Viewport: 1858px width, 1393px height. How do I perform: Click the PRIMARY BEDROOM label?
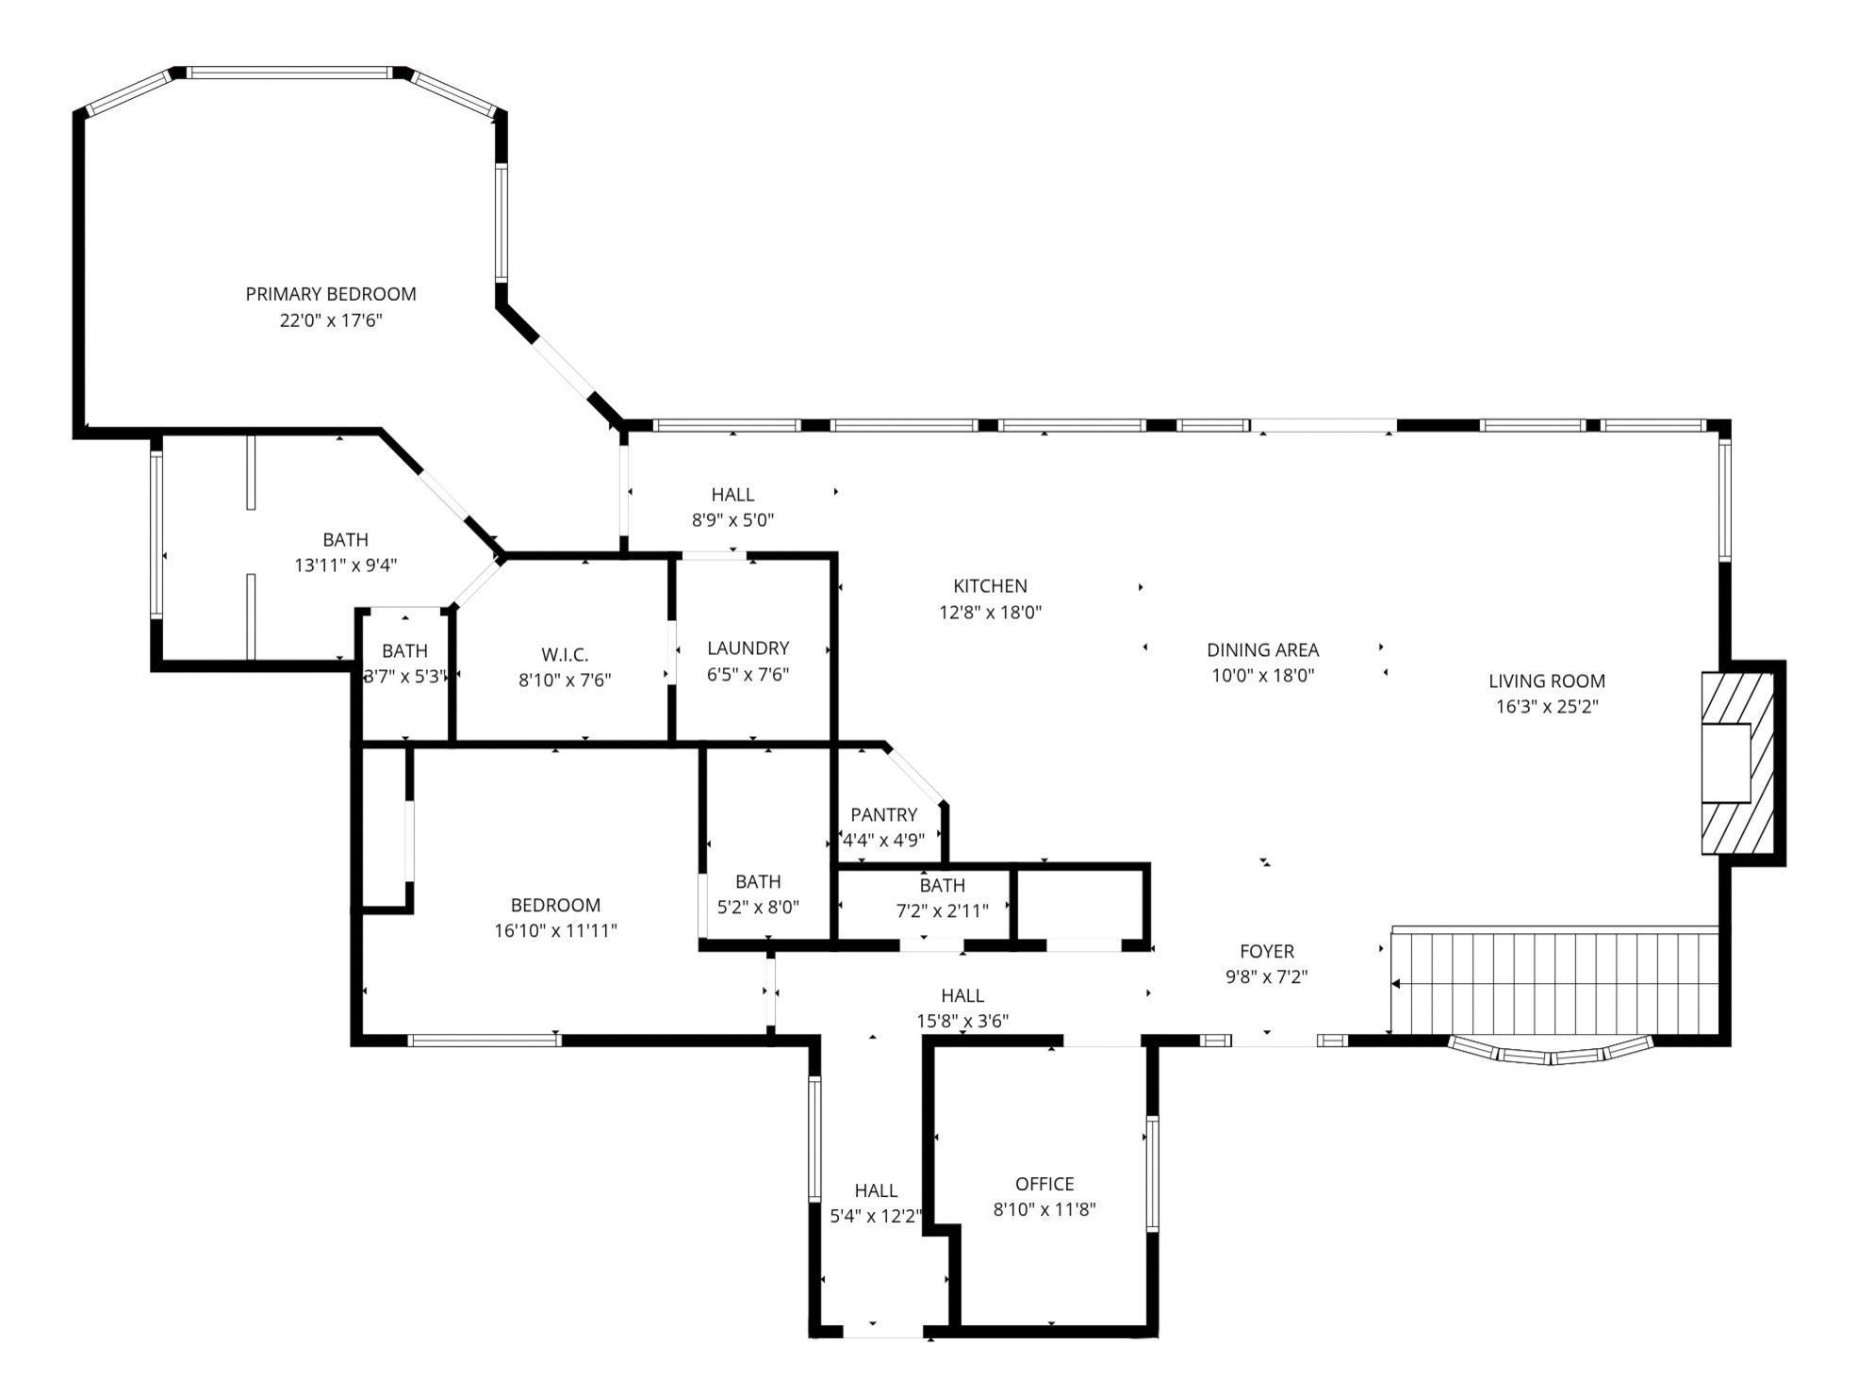[x=330, y=294]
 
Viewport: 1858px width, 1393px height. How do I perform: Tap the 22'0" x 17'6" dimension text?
[x=330, y=320]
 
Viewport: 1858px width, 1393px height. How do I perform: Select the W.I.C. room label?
[x=565, y=654]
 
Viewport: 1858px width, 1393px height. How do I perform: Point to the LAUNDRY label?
[x=748, y=648]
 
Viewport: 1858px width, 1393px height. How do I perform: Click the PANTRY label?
[x=883, y=814]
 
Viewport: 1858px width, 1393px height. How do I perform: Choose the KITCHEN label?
[x=990, y=586]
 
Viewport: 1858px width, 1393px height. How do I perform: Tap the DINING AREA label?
[x=1262, y=650]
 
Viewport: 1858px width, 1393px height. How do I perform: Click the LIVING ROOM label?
[x=1546, y=680]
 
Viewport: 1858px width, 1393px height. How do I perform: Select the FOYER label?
[x=1266, y=952]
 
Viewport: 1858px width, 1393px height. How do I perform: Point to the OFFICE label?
[x=1044, y=1184]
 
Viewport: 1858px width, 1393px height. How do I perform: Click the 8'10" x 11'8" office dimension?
[x=1044, y=1209]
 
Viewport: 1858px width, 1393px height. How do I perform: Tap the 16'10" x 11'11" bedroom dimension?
[x=555, y=931]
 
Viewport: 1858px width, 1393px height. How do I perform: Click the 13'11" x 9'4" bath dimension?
[x=345, y=565]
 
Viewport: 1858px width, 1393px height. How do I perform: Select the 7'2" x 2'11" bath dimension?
[x=942, y=910]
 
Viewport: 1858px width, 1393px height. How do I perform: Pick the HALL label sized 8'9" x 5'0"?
[x=732, y=494]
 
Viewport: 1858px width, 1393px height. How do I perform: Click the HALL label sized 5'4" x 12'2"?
[x=876, y=1191]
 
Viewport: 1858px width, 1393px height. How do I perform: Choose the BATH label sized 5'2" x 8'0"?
[x=758, y=881]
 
